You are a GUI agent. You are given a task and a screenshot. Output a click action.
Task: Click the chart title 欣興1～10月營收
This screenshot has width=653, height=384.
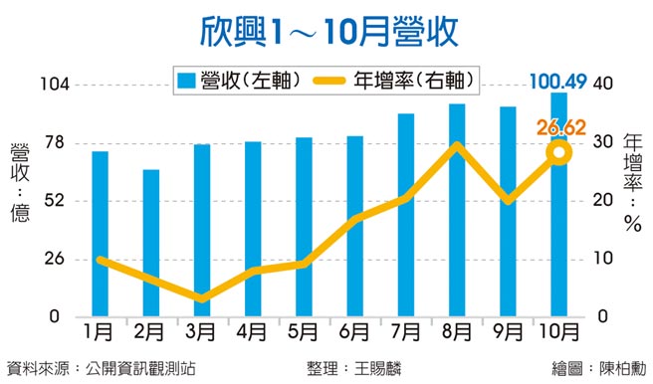[326, 31]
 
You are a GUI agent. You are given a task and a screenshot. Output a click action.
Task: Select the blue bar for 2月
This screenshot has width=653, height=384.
[150, 243]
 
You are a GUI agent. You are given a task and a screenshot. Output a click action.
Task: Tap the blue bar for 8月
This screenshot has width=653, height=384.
[457, 210]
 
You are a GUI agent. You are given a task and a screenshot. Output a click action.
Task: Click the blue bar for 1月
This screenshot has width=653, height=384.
[100, 234]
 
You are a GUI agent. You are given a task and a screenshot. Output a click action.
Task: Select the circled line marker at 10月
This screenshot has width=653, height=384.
[559, 152]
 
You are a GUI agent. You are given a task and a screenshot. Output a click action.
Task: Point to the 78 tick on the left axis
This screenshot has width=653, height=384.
[52, 142]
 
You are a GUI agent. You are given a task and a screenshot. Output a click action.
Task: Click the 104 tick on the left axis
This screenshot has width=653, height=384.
[49, 85]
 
